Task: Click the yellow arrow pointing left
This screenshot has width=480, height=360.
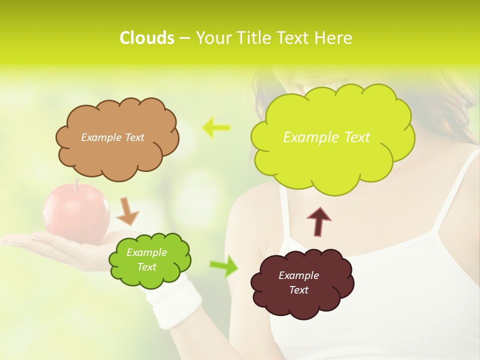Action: click(216, 127)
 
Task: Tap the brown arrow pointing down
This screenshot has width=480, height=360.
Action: click(127, 211)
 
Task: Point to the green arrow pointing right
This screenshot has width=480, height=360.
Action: click(224, 265)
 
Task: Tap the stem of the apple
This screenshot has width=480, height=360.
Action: click(76, 183)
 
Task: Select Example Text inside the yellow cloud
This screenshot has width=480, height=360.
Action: click(326, 137)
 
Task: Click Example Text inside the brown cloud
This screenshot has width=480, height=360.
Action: click(112, 137)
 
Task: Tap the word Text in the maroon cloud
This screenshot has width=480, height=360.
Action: click(298, 290)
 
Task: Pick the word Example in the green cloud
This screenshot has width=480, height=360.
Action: click(146, 252)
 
